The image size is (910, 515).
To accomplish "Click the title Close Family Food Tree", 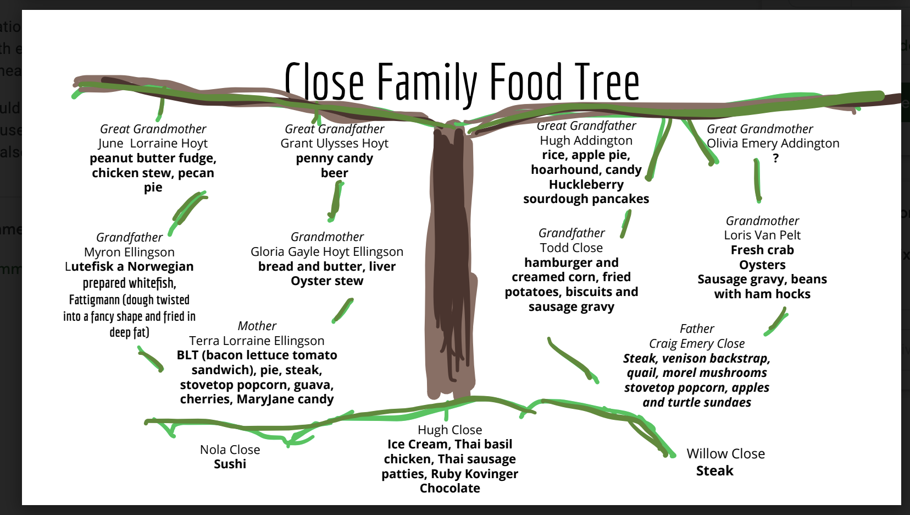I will [x=462, y=83].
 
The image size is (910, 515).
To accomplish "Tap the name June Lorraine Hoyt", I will [x=153, y=144].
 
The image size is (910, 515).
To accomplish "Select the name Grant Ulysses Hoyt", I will [x=334, y=144].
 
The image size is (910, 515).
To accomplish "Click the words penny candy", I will [x=334, y=158].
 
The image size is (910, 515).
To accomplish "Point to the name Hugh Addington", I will [x=586, y=141].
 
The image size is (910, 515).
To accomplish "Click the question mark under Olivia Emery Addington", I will [x=775, y=158].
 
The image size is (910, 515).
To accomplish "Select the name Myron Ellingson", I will [x=129, y=253].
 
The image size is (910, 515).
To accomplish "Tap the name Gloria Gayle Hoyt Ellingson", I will [x=327, y=252].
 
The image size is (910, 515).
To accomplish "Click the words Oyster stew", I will [x=327, y=281].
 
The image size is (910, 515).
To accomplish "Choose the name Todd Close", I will [x=571, y=248].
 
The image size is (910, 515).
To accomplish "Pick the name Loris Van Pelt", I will [x=762, y=235].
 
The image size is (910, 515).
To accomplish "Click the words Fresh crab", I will [x=762, y=250].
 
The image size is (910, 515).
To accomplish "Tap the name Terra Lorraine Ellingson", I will [x=257, y=341].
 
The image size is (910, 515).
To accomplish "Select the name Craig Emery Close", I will [x=697, y=344].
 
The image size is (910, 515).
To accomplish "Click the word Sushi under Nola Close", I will [x=230, y=464].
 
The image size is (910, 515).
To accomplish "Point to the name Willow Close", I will [x=725, y=454].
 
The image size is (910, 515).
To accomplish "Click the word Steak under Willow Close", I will [x=714, y=471].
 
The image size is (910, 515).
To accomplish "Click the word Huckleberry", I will [x=586, y=185].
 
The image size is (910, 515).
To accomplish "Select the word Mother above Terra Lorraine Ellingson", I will [x=257, y=326].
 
